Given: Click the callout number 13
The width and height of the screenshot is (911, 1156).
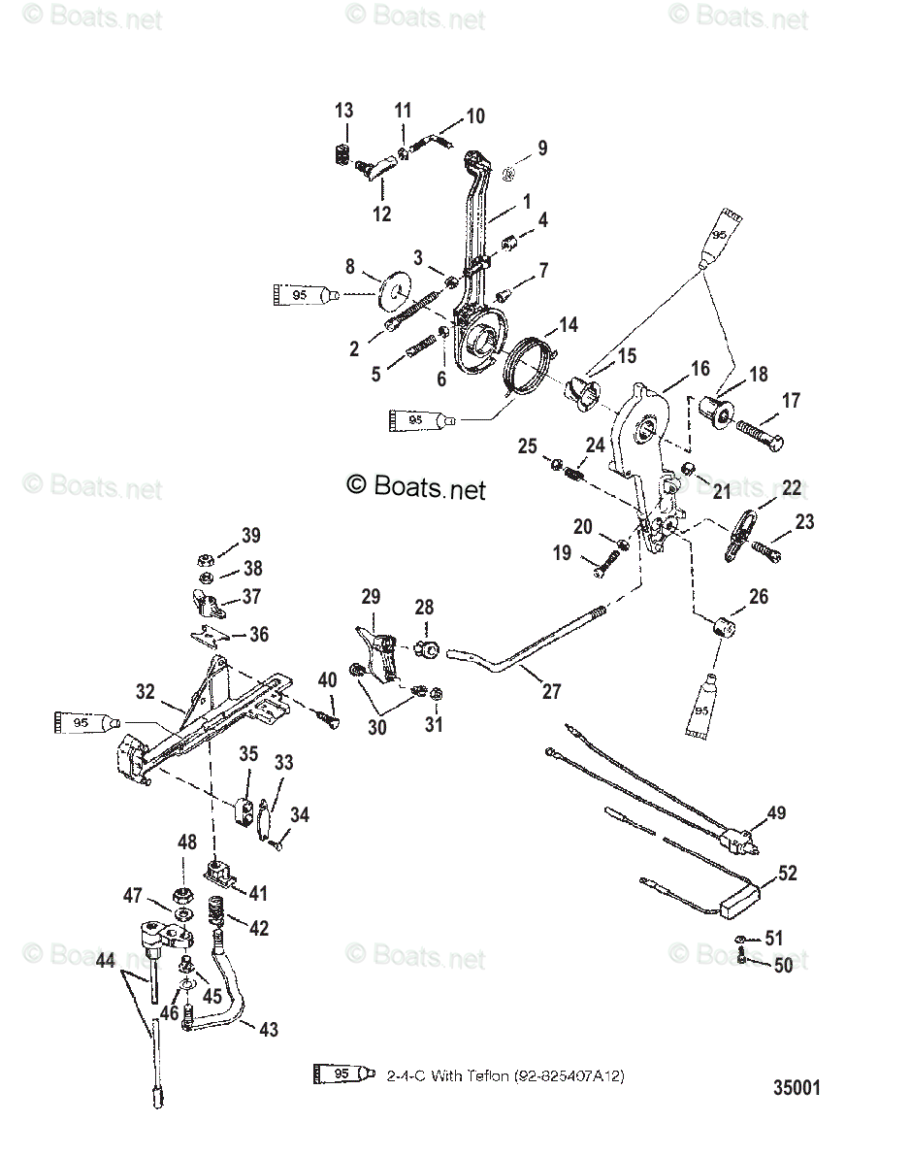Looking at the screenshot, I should [344, 112].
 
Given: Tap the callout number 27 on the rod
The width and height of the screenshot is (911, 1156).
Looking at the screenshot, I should [551, 691].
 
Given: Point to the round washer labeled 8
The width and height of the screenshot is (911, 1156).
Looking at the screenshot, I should [398, 289].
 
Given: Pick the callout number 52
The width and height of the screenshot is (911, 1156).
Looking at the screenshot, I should [787, 873].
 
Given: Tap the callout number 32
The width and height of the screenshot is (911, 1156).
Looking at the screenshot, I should [145, 692].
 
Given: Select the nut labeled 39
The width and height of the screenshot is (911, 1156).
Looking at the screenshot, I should [205, 560].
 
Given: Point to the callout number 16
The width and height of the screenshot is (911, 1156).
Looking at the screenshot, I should [700, 368].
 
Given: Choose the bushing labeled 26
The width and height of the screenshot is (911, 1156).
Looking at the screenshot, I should [720, 628].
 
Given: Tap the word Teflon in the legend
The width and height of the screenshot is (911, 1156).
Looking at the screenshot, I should [486, 1076].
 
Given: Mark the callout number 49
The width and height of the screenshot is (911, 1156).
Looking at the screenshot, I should [776, 812].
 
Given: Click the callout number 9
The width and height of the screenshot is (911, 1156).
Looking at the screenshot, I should [541, 149].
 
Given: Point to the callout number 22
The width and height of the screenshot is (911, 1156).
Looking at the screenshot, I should [792, 488].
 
